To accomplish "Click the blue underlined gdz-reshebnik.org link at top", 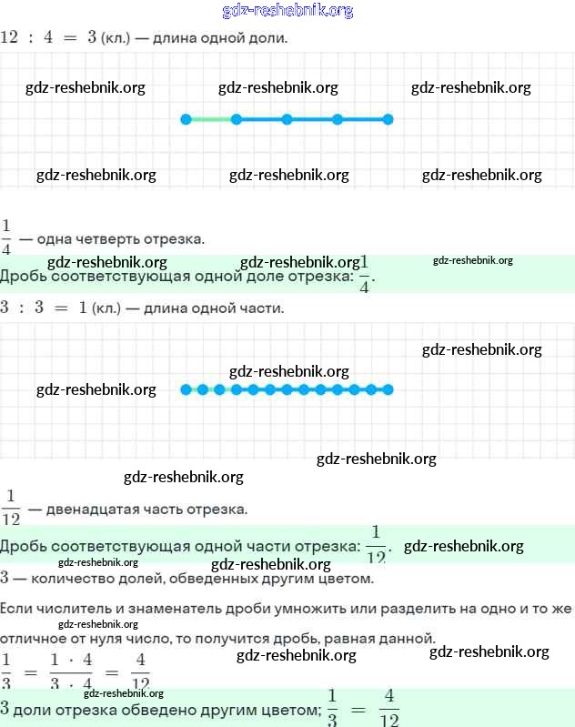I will [287, 11].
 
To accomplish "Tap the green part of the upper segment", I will [210, 119].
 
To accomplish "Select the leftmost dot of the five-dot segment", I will [187, 119].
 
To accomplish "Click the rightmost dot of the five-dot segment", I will [388, 119].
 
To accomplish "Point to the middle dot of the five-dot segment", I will [287, 119].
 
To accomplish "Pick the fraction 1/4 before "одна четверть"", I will [6, 237].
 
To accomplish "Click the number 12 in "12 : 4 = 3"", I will [9, 38].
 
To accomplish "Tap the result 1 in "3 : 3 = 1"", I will [83, 308].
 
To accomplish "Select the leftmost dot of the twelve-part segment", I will [187, 389].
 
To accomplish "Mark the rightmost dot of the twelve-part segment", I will [388, 389].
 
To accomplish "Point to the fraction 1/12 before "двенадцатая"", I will [11, 508].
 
